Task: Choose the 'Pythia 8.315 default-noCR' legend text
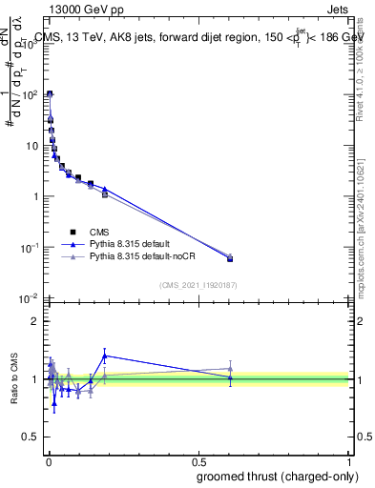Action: [x=143, y=257]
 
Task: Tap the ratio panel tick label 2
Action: [x=36, y=321]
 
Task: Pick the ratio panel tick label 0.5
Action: [x=31, y=437]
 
